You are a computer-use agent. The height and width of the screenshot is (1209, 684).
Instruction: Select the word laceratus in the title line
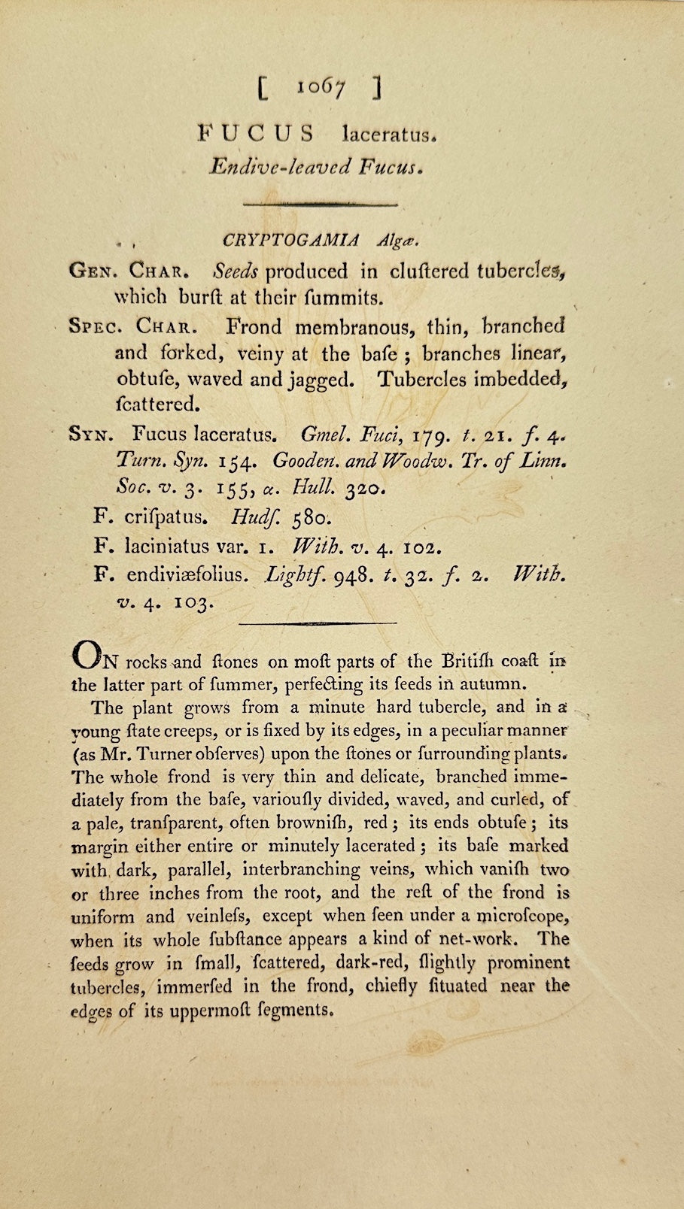388,135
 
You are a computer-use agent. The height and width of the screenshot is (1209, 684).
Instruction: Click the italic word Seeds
236,271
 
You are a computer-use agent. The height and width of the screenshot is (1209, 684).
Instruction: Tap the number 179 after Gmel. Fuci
431,435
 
